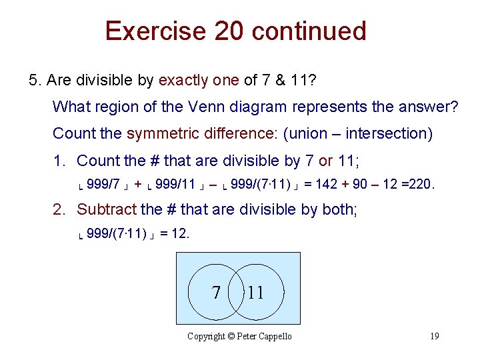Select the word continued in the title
pyautogui.click(x=312, y=31)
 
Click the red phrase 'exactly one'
pyautogui.click(x=198, y=81)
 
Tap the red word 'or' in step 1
pyautogui.click(x=326, y=161)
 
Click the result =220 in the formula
pyautogui.click(x=421, y=184)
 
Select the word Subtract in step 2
pyautogui.click(x=107, y=209)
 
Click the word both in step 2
pyautogui.click(x=338, y=209)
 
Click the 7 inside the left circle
pyautogui.click(x=215, y=293)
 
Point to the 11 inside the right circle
pyautogui.click(x=256, y=293)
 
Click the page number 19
pyautogui.click(x=434, y=336)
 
